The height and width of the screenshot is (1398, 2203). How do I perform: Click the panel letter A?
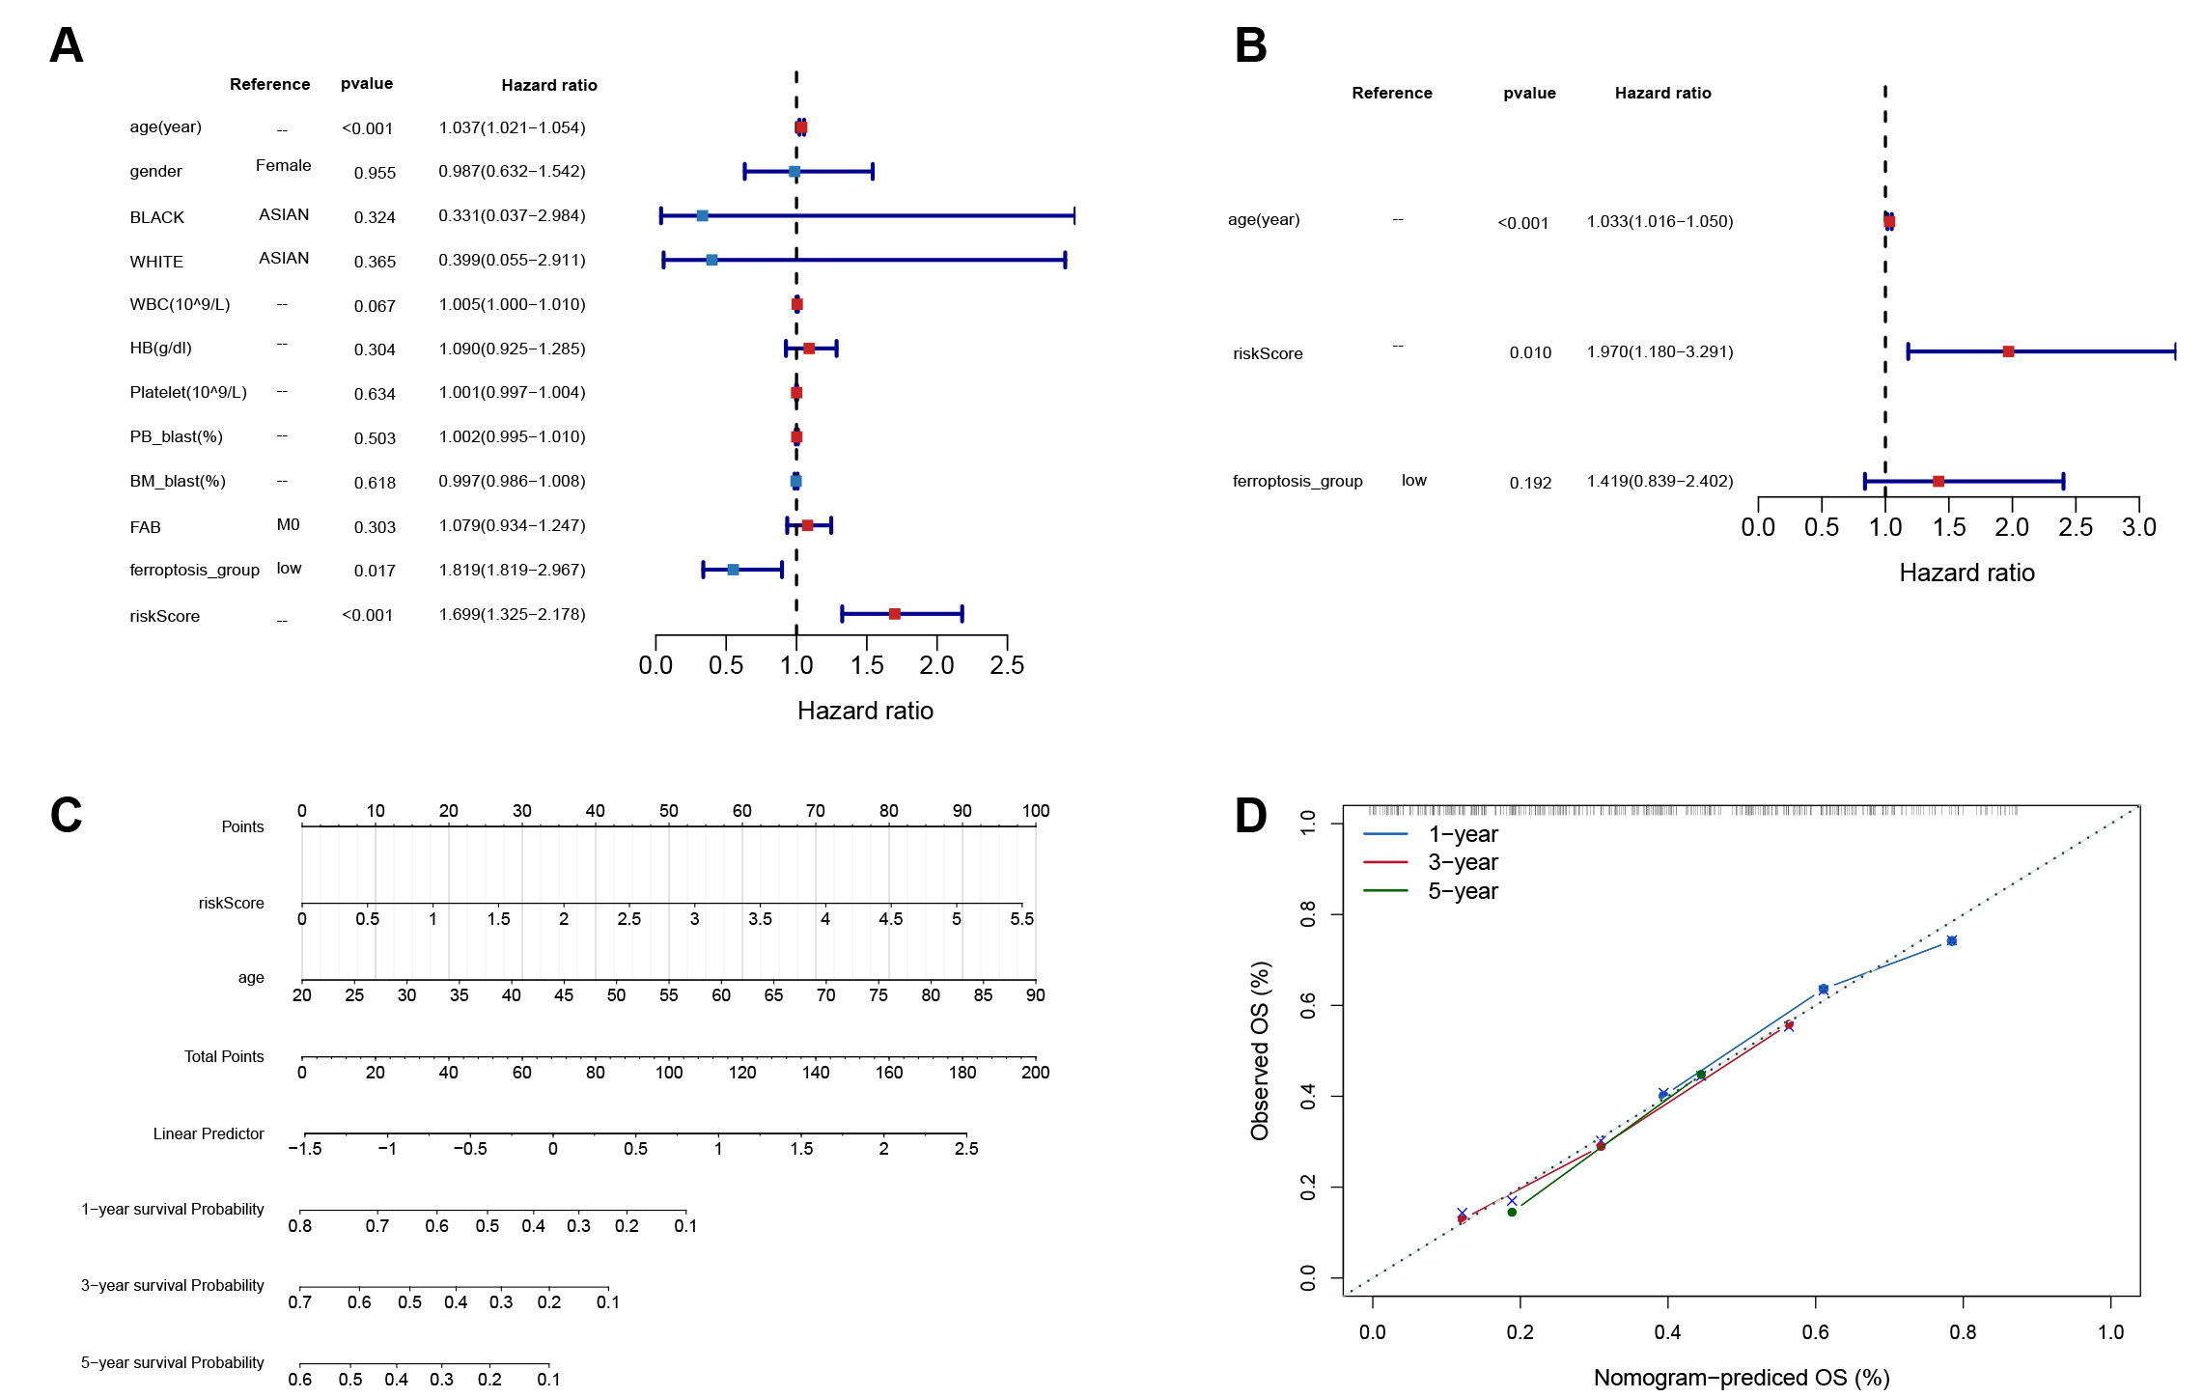(x=66, y=45)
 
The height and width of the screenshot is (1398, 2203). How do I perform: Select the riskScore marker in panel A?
(x=895, y=614)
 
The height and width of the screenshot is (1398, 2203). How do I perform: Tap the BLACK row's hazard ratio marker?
(x=703, y=215)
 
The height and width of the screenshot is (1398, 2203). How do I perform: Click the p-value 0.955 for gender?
(x=375, y=173)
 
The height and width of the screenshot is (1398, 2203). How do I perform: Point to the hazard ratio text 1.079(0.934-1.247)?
(x=512, y=525)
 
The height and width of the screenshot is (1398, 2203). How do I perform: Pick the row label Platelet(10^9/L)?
(x=188, y=392)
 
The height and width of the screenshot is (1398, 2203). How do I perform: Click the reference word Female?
(x=283, y=165)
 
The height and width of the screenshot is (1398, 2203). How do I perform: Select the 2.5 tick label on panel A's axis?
(x=1007, y=665)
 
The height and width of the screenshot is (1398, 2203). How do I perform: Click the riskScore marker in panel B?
(x=2008, y=351)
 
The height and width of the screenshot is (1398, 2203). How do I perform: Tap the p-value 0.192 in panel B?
(x=1530, y=483)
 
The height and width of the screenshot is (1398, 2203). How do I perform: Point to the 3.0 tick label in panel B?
(x=2138, y=527)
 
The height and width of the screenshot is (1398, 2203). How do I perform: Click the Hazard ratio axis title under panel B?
(x=1966, y=573)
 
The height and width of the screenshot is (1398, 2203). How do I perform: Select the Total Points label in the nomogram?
(x=224, y=1056)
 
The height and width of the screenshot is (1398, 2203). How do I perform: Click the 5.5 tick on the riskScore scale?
(x=1021, y=918)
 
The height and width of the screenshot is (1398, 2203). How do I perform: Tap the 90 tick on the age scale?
(x=1035, y=994)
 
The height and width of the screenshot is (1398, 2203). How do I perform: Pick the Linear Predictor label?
(x=209, y=1133)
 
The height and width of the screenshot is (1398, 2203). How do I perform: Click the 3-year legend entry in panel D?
(x=1463, y=862)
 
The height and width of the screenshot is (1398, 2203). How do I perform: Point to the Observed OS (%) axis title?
(x=1260, y=1050)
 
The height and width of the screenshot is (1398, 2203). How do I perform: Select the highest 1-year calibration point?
(x=1951, y=940)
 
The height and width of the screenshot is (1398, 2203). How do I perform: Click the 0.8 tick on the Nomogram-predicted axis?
(x=1963, y=1332)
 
